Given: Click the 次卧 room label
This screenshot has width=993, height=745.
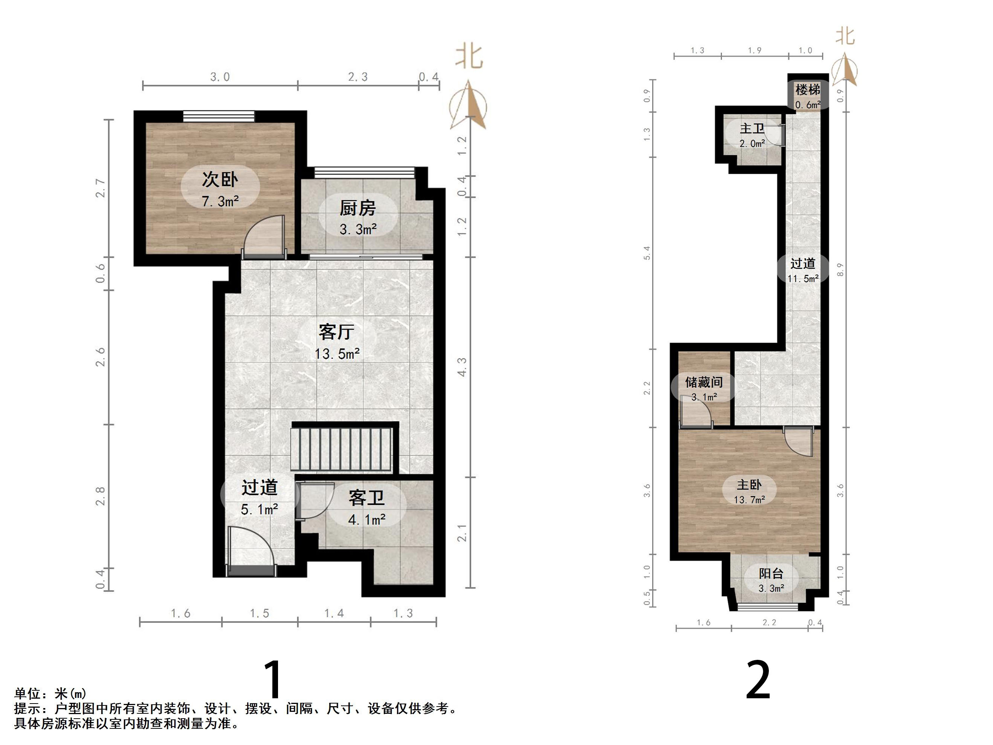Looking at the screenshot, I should point(220,180).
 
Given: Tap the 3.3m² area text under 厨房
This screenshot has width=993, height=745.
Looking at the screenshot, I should point(358,229).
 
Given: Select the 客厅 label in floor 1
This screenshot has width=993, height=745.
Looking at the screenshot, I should point(336,332).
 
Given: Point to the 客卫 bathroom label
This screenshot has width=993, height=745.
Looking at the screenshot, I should point(366,497).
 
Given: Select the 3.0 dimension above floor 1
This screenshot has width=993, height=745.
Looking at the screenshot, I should point(220,77).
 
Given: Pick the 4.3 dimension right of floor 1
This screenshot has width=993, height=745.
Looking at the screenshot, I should point(462,367).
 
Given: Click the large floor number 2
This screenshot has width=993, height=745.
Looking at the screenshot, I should point(758,680).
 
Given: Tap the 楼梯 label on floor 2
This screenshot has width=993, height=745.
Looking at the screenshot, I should point(808,90).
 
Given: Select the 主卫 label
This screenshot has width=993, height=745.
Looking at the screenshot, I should point(752,129).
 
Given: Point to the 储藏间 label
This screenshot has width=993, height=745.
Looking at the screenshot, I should point(703,382).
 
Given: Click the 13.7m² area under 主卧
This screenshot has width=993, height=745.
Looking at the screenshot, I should point(749,500).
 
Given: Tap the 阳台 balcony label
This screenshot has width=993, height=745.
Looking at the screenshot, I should point(771,574).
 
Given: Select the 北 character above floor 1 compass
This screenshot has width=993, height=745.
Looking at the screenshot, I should point(469,57).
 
